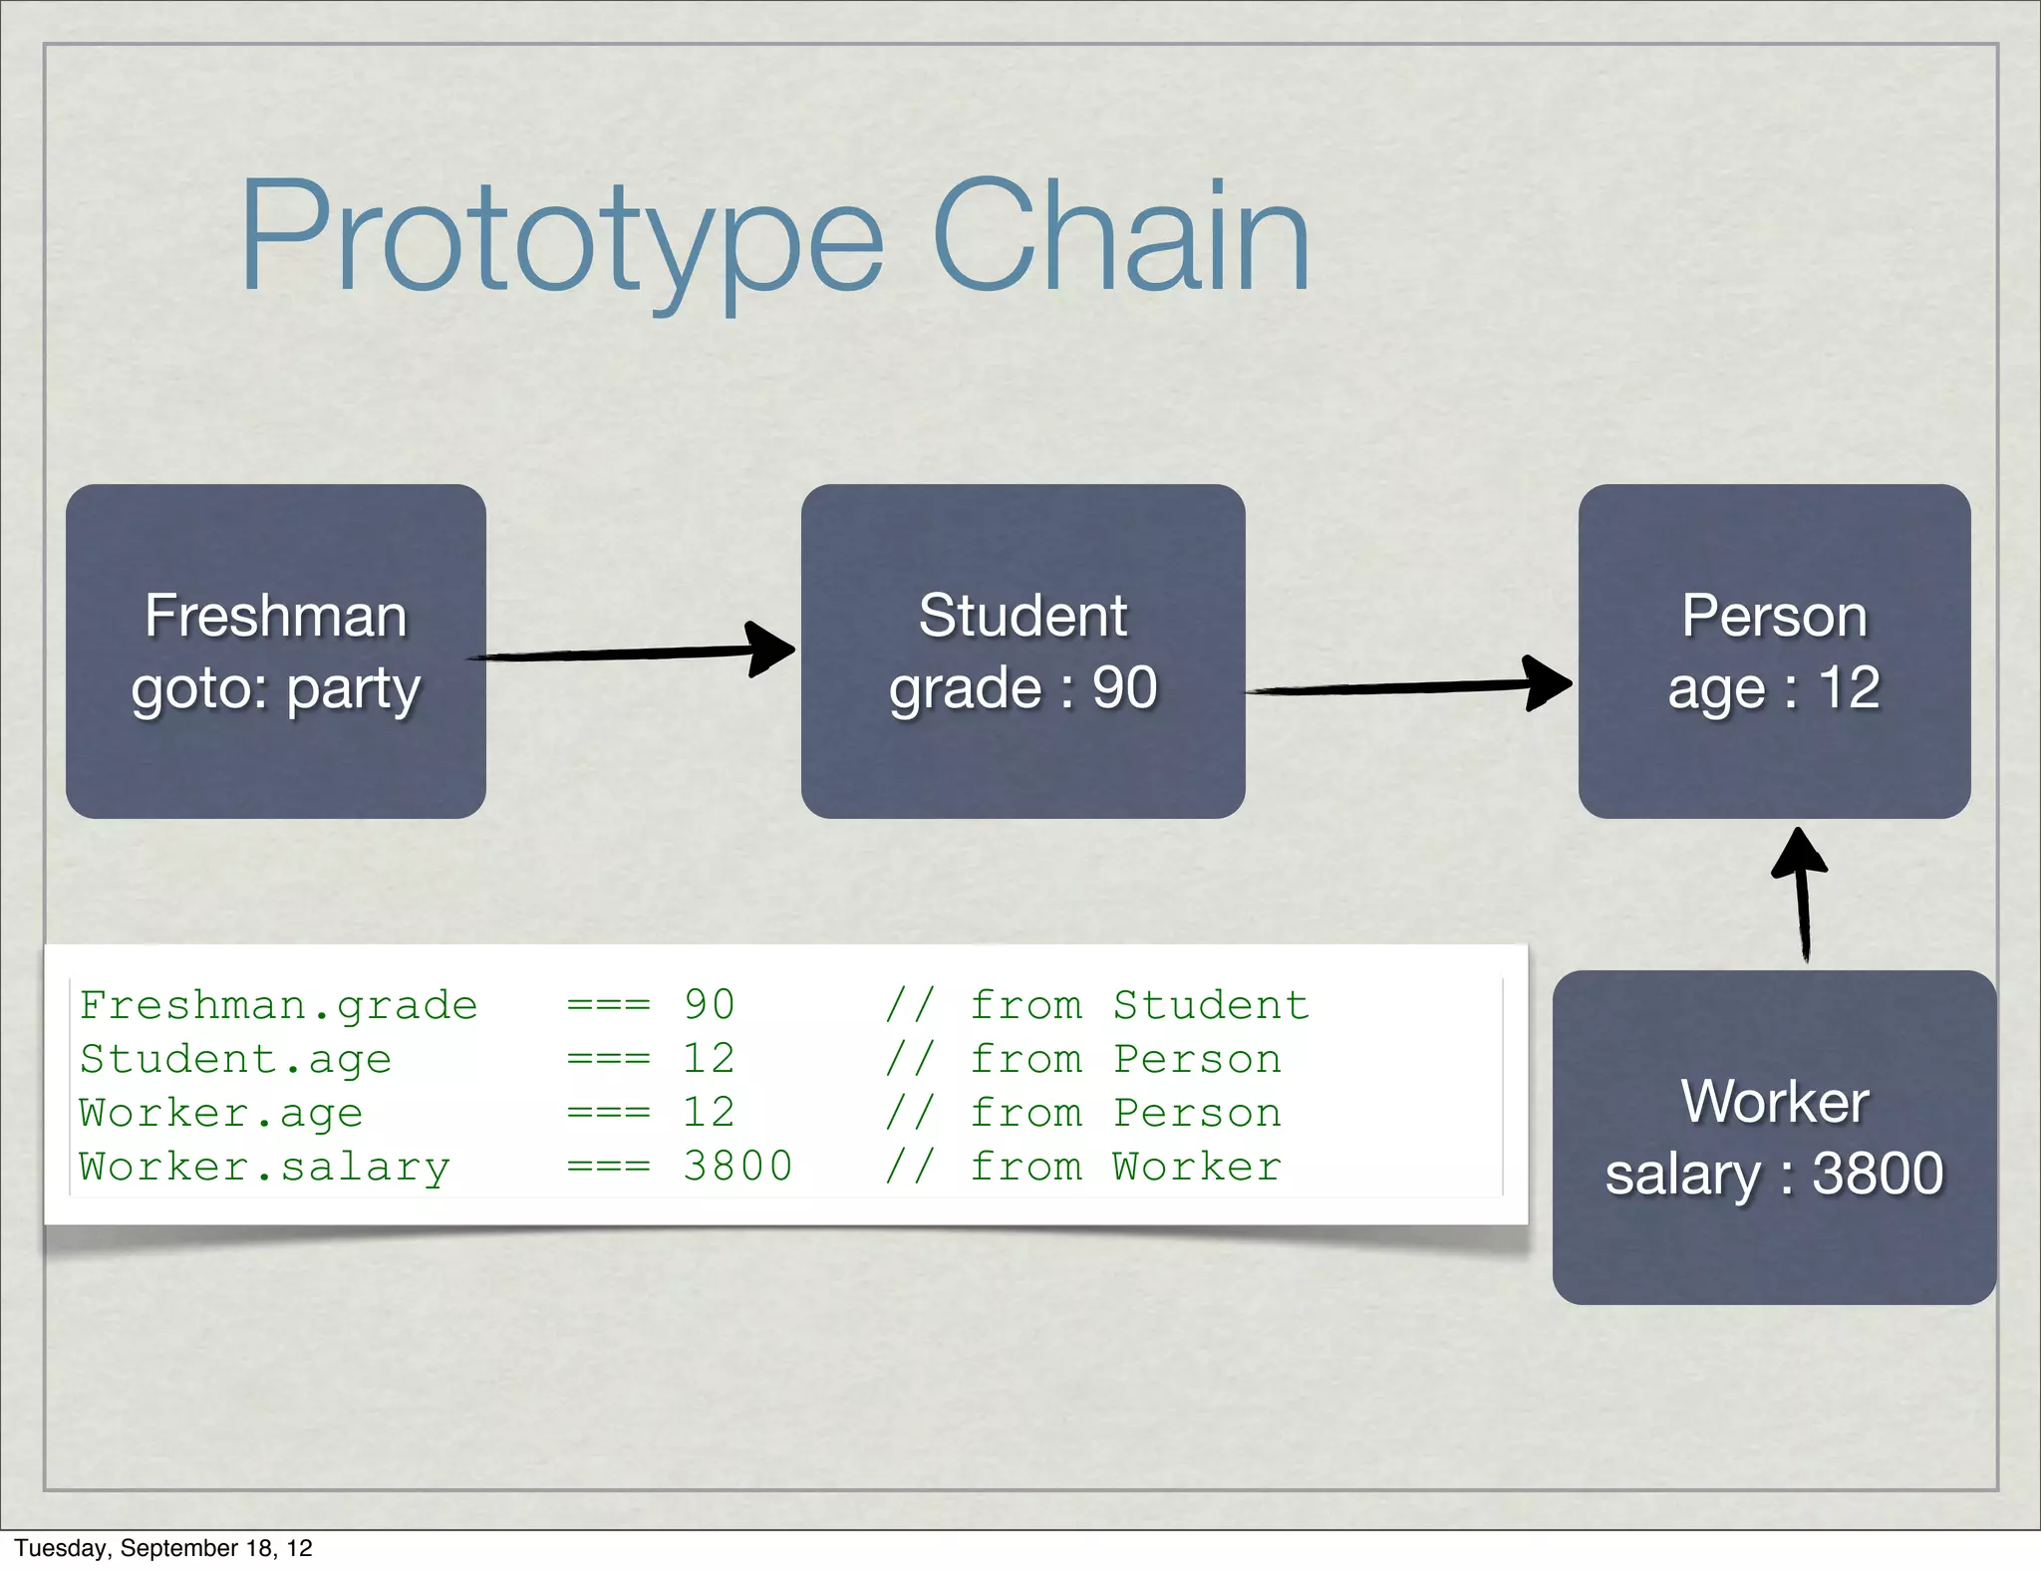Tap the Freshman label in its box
coord(276,616)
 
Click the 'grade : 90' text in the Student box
coord(1023,688)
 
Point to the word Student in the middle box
coord(1022,616)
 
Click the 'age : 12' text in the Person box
coord(1774,688)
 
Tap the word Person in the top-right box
coord(1774,616)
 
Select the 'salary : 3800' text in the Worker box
coord(1774,1174)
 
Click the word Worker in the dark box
coord(1774,1102)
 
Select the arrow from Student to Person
coord(1405,686)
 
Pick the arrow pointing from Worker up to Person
coord(1802,897)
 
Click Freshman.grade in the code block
coord(278,1005)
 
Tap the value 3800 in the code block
coord(737,1167)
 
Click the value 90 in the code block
coord(709,1005)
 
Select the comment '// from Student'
coord(1096,1005)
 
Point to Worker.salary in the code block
coord(264,1167)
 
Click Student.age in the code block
coord(235,1059)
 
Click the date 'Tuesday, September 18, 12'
coord(163,1548)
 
